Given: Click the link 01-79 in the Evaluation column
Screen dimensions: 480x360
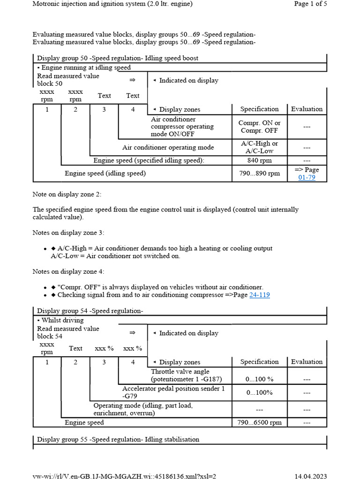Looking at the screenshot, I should pyautogui.click(x=307, y=178).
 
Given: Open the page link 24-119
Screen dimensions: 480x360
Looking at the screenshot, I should pyautogui.click(x=259, y=295).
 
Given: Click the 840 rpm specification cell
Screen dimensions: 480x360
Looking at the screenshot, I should pyautogui.click(x=259, y=160).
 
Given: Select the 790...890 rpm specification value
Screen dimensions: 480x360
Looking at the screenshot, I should pyautogui.click(x=259, y=173).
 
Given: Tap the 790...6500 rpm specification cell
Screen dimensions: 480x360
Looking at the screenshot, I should pyautogui.click(x=259, y=422).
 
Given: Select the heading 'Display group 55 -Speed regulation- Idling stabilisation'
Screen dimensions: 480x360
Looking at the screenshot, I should pyautogui.click(x=118, y=439).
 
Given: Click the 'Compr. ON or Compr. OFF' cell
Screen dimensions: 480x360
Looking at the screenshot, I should pyautogui.click(x=259, y=127).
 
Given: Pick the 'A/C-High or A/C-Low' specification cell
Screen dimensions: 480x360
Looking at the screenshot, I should pyautogui.click(x=259, y=147).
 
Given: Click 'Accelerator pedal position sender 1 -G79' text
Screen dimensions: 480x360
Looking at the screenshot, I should pyautogui.click(x=173, y=392).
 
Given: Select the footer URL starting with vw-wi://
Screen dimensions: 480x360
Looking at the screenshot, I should pyautogui.click(x=124, y=476).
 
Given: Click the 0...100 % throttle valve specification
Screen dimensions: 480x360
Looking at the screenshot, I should pyautogui.click(x=259, y=379).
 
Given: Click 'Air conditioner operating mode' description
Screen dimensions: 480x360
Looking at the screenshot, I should pyautogui.click(x=168, y=147).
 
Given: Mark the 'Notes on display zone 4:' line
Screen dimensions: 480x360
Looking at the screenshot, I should pyautogui.click(x=68, y=271).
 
